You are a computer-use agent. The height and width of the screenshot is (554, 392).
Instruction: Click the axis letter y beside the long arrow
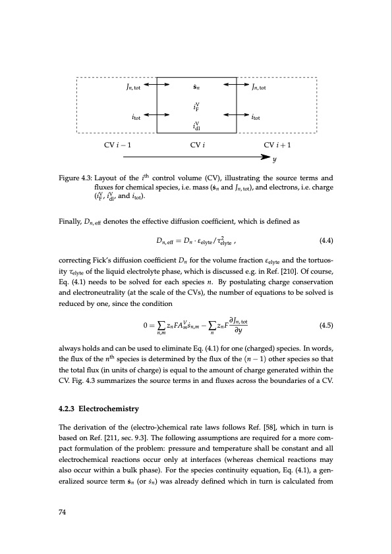(274, 159)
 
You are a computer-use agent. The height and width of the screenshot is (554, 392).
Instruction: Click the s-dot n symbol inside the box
(196, 86)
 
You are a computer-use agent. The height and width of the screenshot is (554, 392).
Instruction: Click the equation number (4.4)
(326, 241)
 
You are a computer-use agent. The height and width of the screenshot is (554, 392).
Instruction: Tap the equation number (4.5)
(326, 325)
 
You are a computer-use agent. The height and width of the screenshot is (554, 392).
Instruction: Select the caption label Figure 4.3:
(76, 178)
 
